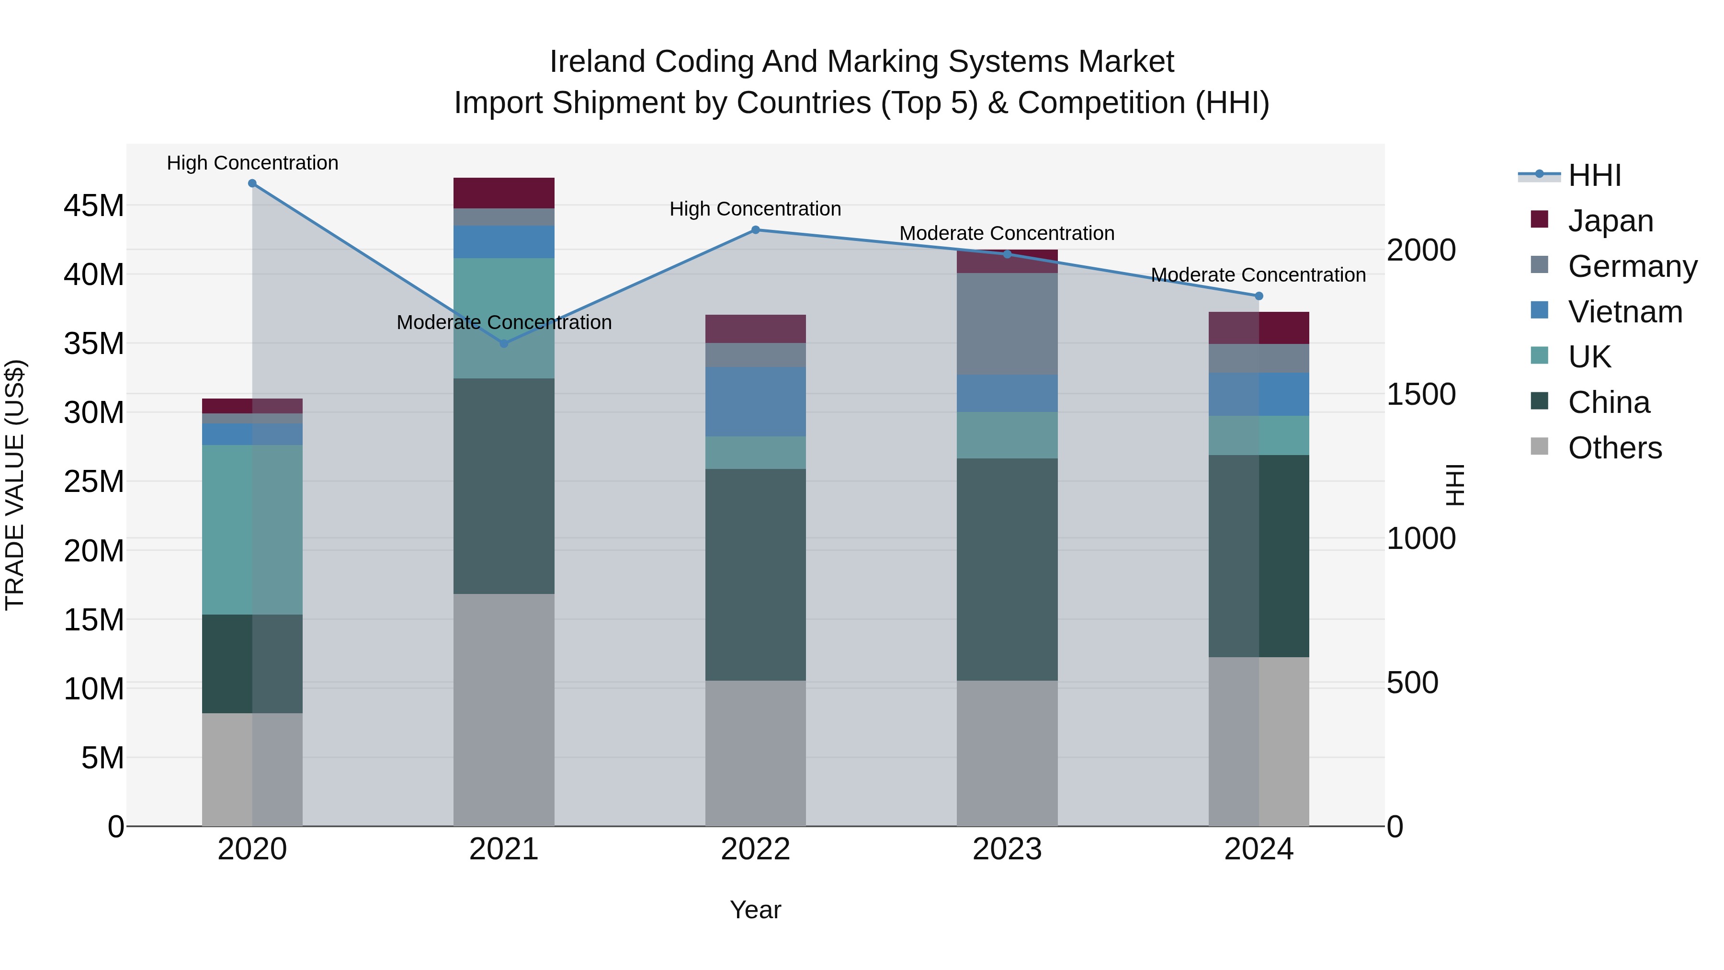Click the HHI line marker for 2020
tap(252, 183)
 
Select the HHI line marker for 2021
tap(504, 343)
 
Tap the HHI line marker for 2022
tap(756, 229)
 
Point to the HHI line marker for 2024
tap(1259, 296)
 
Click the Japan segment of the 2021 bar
tap(504, 193)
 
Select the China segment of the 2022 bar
tap(756, 574)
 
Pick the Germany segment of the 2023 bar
tap(1007, 323)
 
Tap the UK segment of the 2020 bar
tap(252, 529)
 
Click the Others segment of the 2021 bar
tap(504, 709)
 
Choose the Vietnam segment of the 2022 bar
tap(756, 402)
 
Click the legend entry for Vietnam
tap(1625, 312)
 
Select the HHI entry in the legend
tap(1594, 175)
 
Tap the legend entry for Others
tap(1614, 448)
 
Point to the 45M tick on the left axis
tap(94, 205)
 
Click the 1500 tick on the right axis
tap(1420, 394)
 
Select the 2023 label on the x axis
tap(1007, 849)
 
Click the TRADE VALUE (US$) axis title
tap(15, 485)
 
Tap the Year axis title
tap(756, 910)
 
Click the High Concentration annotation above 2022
tap(756, 209)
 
